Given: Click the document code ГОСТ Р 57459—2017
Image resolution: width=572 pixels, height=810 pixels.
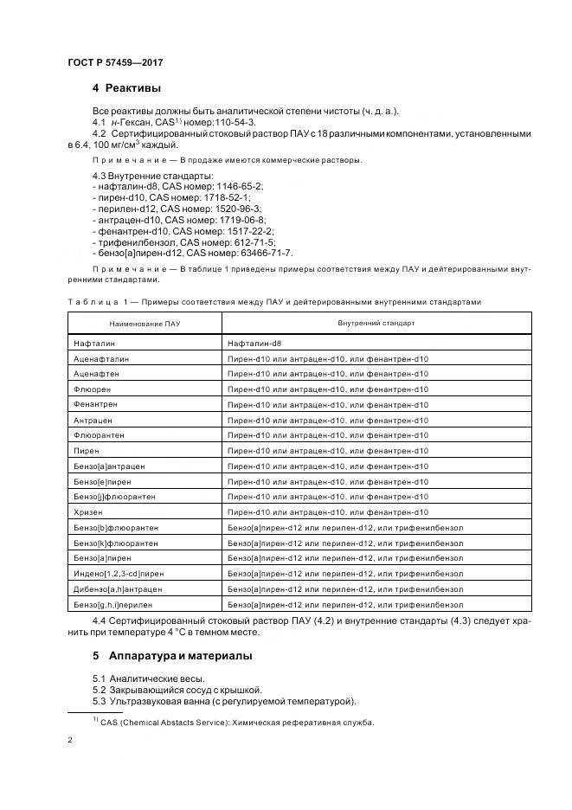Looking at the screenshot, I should point(114,62).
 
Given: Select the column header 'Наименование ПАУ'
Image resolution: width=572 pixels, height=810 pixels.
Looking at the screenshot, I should point(145,322).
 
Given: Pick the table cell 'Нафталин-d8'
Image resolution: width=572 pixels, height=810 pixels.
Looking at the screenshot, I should point(257,344).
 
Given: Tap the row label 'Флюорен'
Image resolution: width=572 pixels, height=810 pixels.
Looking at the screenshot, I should point(93,389).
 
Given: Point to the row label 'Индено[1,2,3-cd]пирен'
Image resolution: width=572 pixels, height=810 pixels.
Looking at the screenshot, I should point(119,574).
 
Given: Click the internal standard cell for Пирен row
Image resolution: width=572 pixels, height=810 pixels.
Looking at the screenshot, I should point(328,451).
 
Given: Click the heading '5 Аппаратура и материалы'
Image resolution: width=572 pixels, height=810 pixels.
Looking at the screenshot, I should point(172,655).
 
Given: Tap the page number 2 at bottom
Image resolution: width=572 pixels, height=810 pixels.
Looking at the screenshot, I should point(70,740).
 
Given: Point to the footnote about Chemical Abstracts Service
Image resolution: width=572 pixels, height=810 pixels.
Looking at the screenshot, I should point(233,722).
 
